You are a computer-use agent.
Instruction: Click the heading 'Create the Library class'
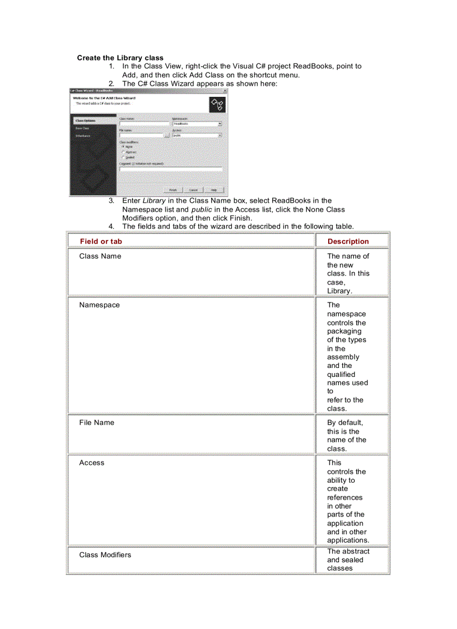(x=120, y=58)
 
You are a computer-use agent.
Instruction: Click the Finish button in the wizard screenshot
(x=174, y=189)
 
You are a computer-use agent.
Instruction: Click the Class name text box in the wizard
(x=144, y=124)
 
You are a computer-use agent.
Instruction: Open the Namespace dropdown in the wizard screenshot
(x=220, y=124)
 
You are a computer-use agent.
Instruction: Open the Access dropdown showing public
(x=220, y=135)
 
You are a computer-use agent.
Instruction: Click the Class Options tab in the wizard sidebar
(x=86, y=120)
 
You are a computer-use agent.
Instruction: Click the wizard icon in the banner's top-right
(x=217, y=104)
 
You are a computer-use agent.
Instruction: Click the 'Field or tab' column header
(x=101, y=241)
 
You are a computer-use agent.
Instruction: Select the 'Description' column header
(x=348, y=241)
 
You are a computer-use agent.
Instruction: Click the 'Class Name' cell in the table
(x=100, y=256)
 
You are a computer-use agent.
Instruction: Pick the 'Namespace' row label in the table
(x=99, y=305)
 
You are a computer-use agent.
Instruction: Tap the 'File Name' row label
(x=96, y=422)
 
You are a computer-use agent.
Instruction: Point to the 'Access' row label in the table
(x=91, y=463)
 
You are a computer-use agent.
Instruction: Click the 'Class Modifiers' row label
(x=105, y=555)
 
